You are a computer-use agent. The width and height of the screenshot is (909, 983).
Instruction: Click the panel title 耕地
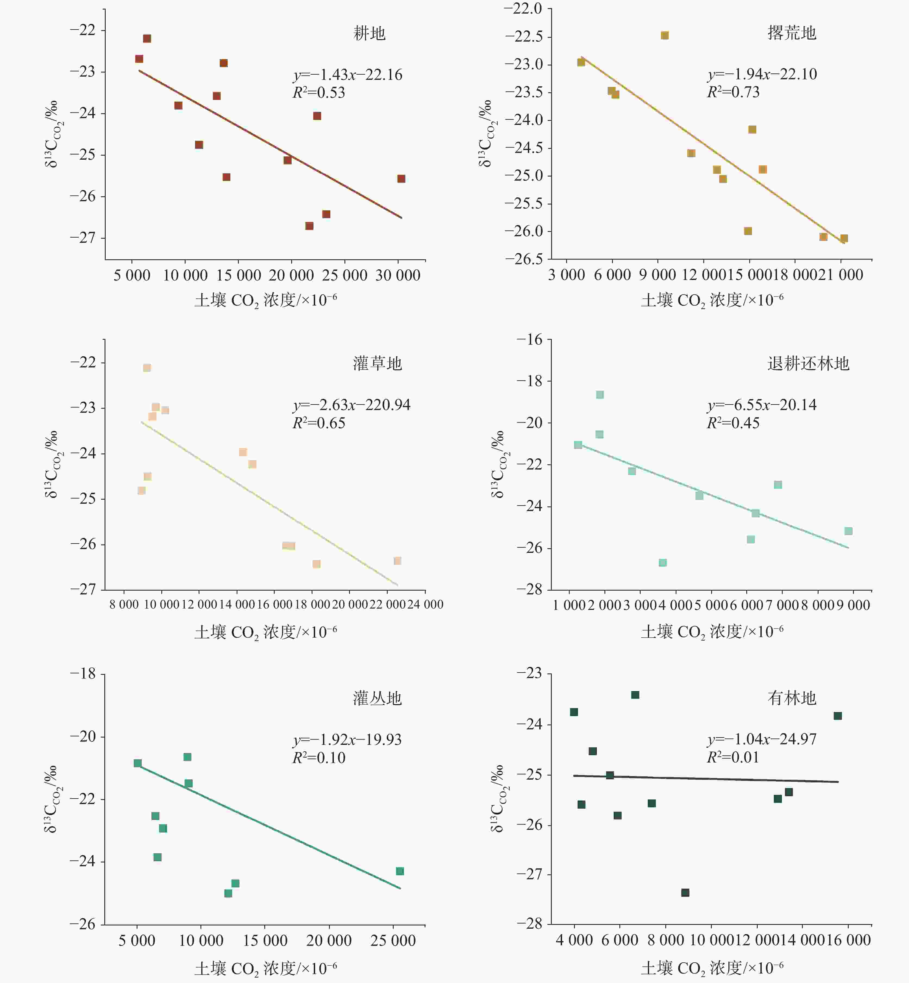pos(369,33)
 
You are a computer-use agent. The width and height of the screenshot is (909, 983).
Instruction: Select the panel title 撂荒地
pos(791,33)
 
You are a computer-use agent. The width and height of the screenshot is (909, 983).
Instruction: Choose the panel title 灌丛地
pos(377,698)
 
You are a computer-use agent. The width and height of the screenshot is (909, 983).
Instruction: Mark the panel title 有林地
pos(791,698)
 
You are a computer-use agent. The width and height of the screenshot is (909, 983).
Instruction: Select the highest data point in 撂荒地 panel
pos(664,35)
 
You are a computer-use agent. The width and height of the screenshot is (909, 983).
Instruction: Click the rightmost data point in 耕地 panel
pos(401,178)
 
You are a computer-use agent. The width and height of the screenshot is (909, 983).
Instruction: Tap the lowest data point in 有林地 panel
pos(685,893)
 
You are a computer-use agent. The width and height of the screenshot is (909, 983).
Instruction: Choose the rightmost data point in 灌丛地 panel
pos(400,871)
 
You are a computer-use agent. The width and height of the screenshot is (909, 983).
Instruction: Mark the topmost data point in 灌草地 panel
pos(147,368)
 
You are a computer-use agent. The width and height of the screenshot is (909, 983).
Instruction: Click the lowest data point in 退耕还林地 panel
pos(663,563)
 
